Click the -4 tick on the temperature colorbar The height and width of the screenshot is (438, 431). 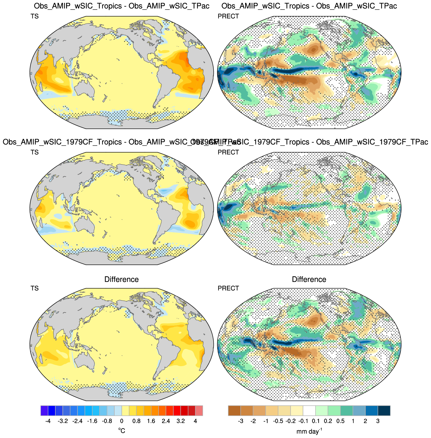pos(48,421)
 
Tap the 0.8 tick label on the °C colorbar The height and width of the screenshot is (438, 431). pos(136,421)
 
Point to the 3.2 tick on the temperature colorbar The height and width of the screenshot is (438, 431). pos(181,421)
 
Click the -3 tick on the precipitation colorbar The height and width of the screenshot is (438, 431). pos(241,421)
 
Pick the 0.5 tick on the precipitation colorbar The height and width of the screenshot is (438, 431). pos(340,421)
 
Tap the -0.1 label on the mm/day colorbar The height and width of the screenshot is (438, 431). pos(303,421)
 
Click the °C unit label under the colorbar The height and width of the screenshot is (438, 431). pos(122,431)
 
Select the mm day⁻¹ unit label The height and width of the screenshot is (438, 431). pos(309,431)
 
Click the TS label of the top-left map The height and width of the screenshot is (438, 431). pos(35,16)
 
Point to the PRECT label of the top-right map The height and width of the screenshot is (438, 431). pos(228,16)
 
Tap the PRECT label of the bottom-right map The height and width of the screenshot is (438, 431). pos(228,288)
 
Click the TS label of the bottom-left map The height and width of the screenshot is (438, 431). pos(35,288)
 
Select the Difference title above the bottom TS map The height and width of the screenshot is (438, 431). pos(122,279)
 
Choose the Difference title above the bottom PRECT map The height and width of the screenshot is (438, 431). pos(309,279)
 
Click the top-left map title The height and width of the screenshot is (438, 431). pos(122,6)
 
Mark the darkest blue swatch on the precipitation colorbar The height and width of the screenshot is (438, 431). pos(384,411)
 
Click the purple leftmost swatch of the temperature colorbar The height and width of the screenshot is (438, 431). pos(44,411)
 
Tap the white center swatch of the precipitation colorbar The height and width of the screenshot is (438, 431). pos(309,411)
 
